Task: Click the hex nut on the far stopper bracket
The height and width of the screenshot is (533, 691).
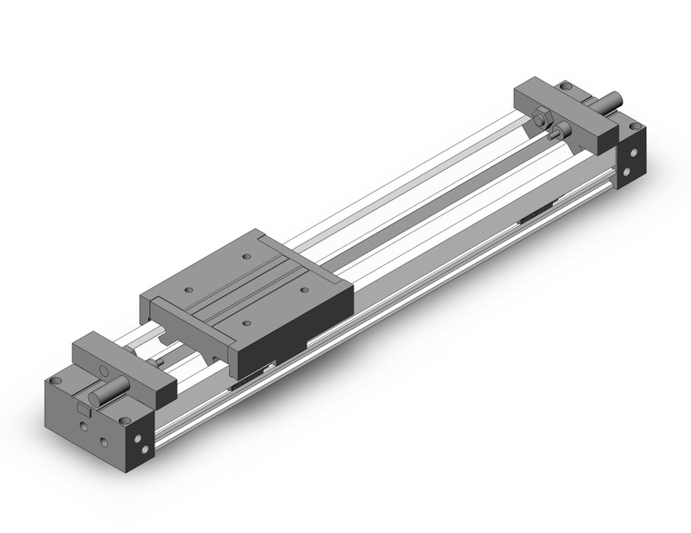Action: (x=542, y=118)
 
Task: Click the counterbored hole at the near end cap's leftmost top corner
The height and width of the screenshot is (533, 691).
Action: (x=57, y=380)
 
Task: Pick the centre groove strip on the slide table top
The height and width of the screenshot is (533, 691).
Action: (x=245, y=291)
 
